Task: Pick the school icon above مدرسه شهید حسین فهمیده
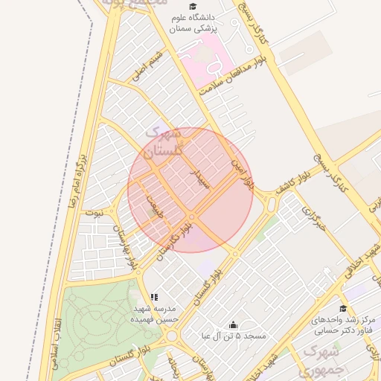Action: pos(154,297)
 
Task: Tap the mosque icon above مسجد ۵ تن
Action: pos(234,324)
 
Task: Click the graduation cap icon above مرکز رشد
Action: pos(343,308)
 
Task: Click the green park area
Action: pos(97,320)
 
